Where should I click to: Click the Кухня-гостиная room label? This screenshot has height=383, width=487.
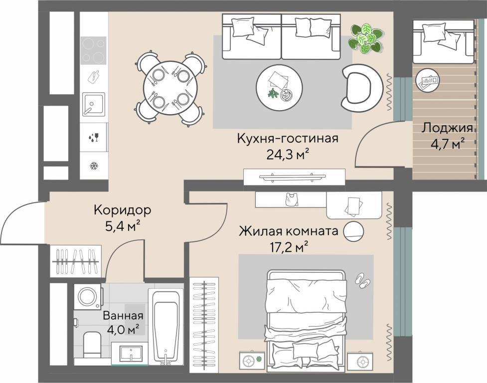[287, 138]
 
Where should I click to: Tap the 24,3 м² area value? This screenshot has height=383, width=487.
[288, 154]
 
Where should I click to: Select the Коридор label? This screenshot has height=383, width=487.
[122, 210]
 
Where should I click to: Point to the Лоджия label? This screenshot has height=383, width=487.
[447, 128]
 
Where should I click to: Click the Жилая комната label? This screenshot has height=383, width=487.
[288, 231]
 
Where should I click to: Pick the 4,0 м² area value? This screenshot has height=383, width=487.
[123, 330]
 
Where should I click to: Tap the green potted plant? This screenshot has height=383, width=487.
[365, 38]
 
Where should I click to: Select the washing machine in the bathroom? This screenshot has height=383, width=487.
[88, 296]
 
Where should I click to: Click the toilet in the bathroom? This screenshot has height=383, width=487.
[92, 345]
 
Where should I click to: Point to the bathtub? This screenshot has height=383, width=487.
[166, 327]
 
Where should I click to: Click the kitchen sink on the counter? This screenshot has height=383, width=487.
[94, 104]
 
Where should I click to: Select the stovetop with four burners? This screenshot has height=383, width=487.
[94, 50]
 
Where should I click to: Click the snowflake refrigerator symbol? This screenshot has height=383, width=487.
[93, 166]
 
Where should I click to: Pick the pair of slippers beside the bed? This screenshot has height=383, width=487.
[362, 280]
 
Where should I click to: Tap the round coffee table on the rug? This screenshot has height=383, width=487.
[279, 87]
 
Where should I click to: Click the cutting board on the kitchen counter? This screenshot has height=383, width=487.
[94, 77]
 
